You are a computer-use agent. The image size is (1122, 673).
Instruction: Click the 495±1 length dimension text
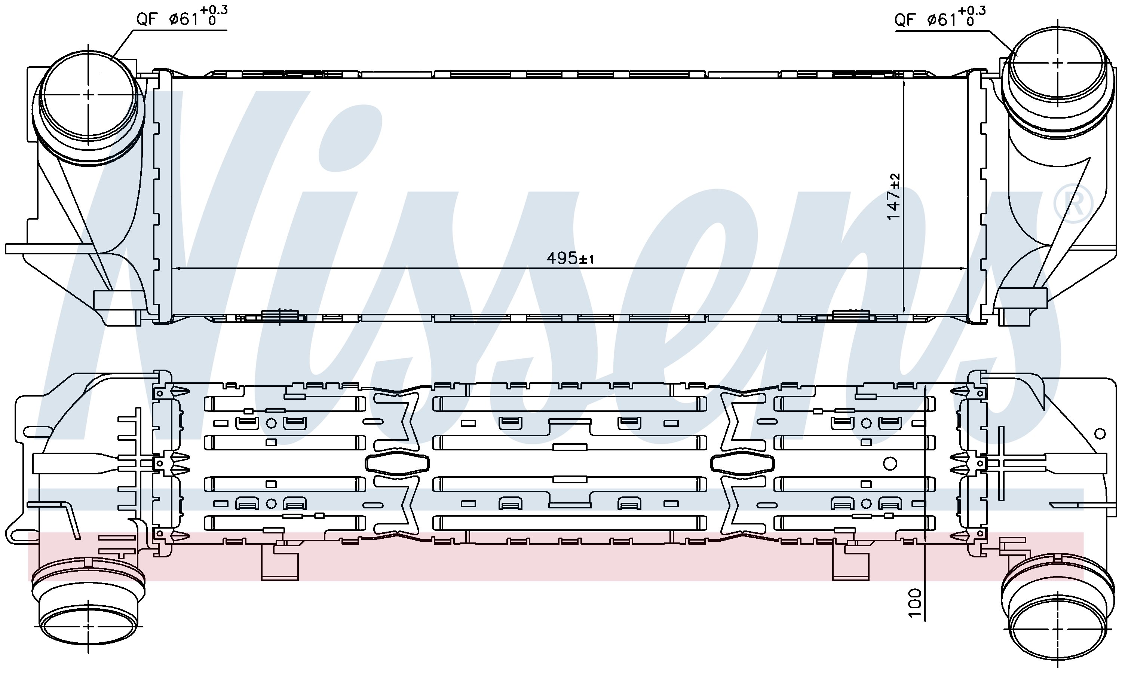[570, 259]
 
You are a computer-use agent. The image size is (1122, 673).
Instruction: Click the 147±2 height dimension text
[893, 197]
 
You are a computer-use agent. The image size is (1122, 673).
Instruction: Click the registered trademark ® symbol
[1073, 204]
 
